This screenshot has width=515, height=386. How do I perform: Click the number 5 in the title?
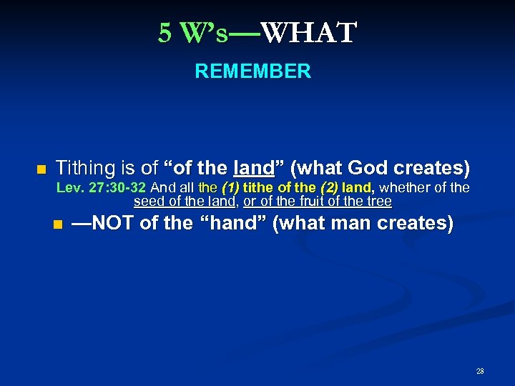[165, 33]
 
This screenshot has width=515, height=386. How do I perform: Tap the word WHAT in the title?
[308, 33]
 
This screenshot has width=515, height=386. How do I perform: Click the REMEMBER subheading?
[252, 71]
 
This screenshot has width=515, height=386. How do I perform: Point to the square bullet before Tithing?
[41, 169]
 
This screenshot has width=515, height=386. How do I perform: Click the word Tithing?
[84, 169]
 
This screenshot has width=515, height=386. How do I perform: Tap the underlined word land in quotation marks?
[254, 169]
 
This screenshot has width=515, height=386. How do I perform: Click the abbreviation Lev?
[69, 188]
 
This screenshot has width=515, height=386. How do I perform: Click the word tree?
[378, 201]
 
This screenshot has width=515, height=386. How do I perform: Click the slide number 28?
[480, 371]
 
